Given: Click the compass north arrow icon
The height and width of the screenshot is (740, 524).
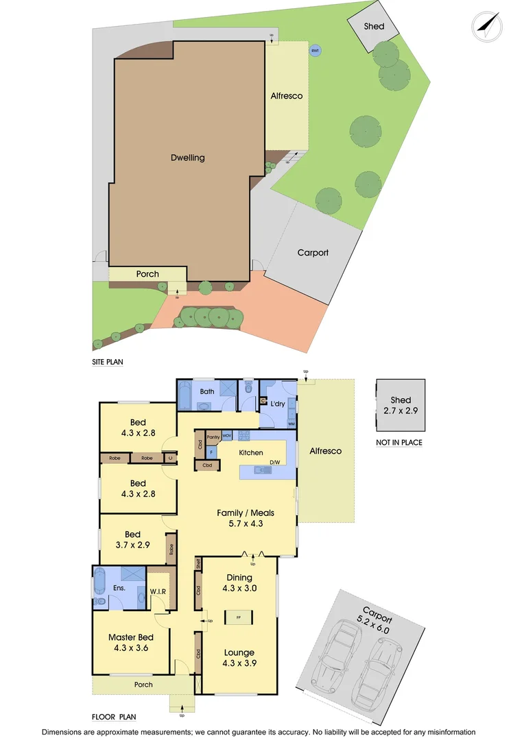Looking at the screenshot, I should [487, 26].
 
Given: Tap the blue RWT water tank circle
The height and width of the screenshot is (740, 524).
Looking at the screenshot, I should [315, 51].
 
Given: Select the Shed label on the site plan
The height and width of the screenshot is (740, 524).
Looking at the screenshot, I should [374, 27].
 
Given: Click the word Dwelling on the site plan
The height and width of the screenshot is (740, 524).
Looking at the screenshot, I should [188, 158].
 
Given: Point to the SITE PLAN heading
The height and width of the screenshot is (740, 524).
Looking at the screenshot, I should [108, 362].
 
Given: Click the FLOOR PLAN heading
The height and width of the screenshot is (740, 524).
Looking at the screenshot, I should [114, 717].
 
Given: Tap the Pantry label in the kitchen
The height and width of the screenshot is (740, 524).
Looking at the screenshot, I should [213, 436].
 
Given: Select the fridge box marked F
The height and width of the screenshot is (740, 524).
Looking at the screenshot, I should [211, 452].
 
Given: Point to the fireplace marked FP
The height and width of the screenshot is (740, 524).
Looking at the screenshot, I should [239, 617].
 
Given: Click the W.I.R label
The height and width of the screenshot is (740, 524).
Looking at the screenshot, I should [158, 591].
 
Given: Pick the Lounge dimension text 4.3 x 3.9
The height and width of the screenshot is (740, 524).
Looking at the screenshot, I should [239, 663].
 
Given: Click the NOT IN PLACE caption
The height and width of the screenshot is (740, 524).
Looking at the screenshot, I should [399, 443].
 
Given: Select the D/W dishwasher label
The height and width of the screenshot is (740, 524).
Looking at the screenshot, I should [274, 463].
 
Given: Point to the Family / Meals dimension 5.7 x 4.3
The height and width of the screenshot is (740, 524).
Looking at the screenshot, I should [240, 523].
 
